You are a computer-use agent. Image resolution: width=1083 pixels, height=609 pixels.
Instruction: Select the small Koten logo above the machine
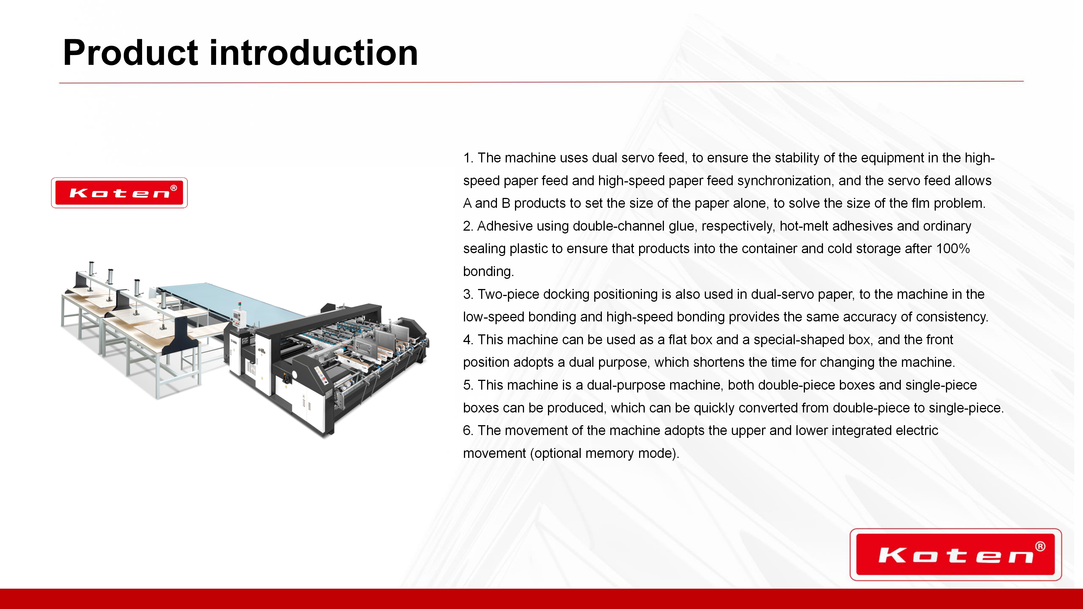[x=119, y=193]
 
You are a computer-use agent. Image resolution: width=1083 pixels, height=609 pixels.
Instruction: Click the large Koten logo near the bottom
[x=956, y=554]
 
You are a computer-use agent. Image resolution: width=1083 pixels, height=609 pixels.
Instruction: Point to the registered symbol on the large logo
[x=1040, y=546]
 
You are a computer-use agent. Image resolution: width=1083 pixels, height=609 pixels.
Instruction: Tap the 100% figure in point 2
[x=953, y=248]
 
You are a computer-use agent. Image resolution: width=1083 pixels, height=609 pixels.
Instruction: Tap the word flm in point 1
[x=921, y=203]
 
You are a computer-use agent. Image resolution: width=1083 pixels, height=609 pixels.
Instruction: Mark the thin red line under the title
[x=541, y=82]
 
